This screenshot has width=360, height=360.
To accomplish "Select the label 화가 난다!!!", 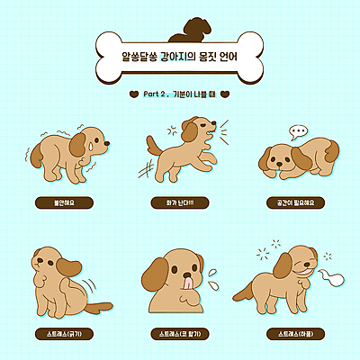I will [180, 202].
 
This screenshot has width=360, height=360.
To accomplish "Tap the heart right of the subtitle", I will [226, 93].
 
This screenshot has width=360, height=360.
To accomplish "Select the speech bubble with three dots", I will [298, 131].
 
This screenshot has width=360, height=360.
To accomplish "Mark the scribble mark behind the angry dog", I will [144, 169].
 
